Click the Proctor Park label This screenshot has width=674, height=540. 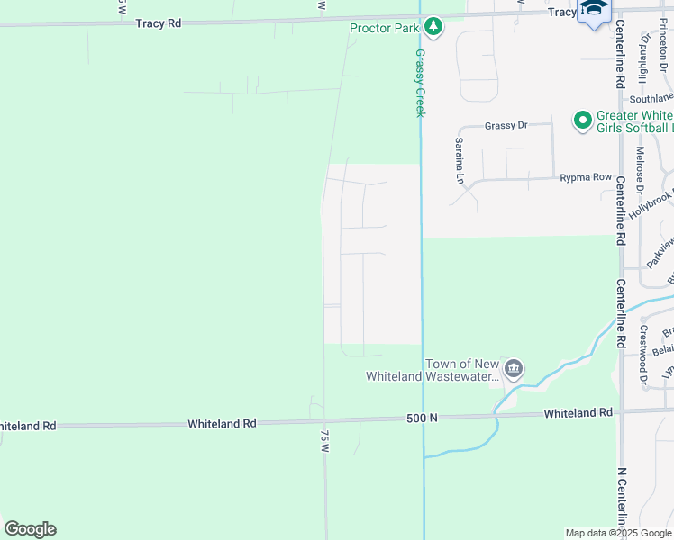point(385,28)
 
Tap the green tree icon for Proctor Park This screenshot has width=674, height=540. point(433,26)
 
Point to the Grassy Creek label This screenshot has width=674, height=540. point(419,83)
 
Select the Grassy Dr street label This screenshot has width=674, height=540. point(505,126)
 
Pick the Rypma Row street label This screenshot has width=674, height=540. point(585,177)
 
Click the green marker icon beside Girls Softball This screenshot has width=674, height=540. point(582,119)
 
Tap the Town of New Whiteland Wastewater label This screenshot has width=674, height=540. point(433,370)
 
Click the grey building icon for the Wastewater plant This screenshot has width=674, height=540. point(514,368)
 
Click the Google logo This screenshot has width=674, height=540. point(30,528)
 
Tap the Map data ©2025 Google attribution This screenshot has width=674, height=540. point(618,533)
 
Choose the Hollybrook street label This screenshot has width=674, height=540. point(651,204)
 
